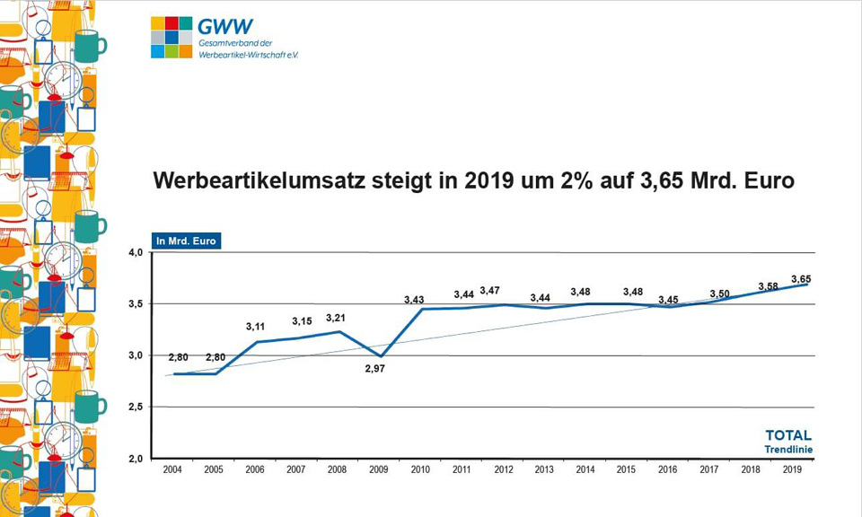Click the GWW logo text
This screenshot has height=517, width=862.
[x=227, y=26]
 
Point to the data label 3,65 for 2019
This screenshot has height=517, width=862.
[x=800, y=279]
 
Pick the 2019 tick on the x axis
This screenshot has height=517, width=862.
[x=791, y=469]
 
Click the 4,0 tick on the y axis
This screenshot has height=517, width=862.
[x=135, y=253]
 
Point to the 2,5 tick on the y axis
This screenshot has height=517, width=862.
[x=135, y=407]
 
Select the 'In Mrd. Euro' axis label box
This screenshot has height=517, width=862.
[x=187, y=241]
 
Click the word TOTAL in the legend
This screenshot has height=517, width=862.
[x=787, y=435]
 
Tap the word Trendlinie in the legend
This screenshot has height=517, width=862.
[x=787, y=449]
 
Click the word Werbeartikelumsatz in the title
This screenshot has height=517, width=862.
[x=261, y=180]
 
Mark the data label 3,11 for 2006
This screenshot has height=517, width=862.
[x=256, y=327]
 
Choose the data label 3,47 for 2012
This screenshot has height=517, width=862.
[x=490, y=291]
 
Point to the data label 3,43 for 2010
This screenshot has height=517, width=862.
[x=414, y=299]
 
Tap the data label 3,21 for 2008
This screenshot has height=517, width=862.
[x=335, y=318]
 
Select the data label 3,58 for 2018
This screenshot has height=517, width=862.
[x=769, y=286]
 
